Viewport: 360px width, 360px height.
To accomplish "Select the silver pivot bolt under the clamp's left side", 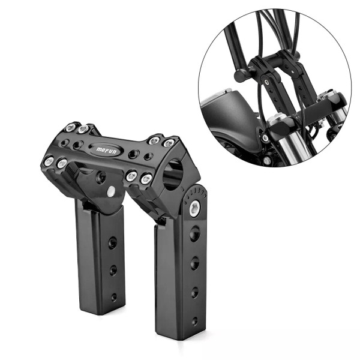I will click(111, 191).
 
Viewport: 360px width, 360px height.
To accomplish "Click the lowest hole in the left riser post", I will click(113, 295).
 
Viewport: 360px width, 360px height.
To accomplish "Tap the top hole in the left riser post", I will click(113, 242).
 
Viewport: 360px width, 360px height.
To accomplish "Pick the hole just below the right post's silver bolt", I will click(194, 233).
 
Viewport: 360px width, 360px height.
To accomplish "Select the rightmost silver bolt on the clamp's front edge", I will click(146, 178).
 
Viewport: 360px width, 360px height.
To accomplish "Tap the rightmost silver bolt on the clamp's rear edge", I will click(169, 143).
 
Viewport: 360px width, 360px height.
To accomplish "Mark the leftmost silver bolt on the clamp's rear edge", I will click(71, 127).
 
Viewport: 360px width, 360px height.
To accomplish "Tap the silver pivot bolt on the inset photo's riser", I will click(265, 138).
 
